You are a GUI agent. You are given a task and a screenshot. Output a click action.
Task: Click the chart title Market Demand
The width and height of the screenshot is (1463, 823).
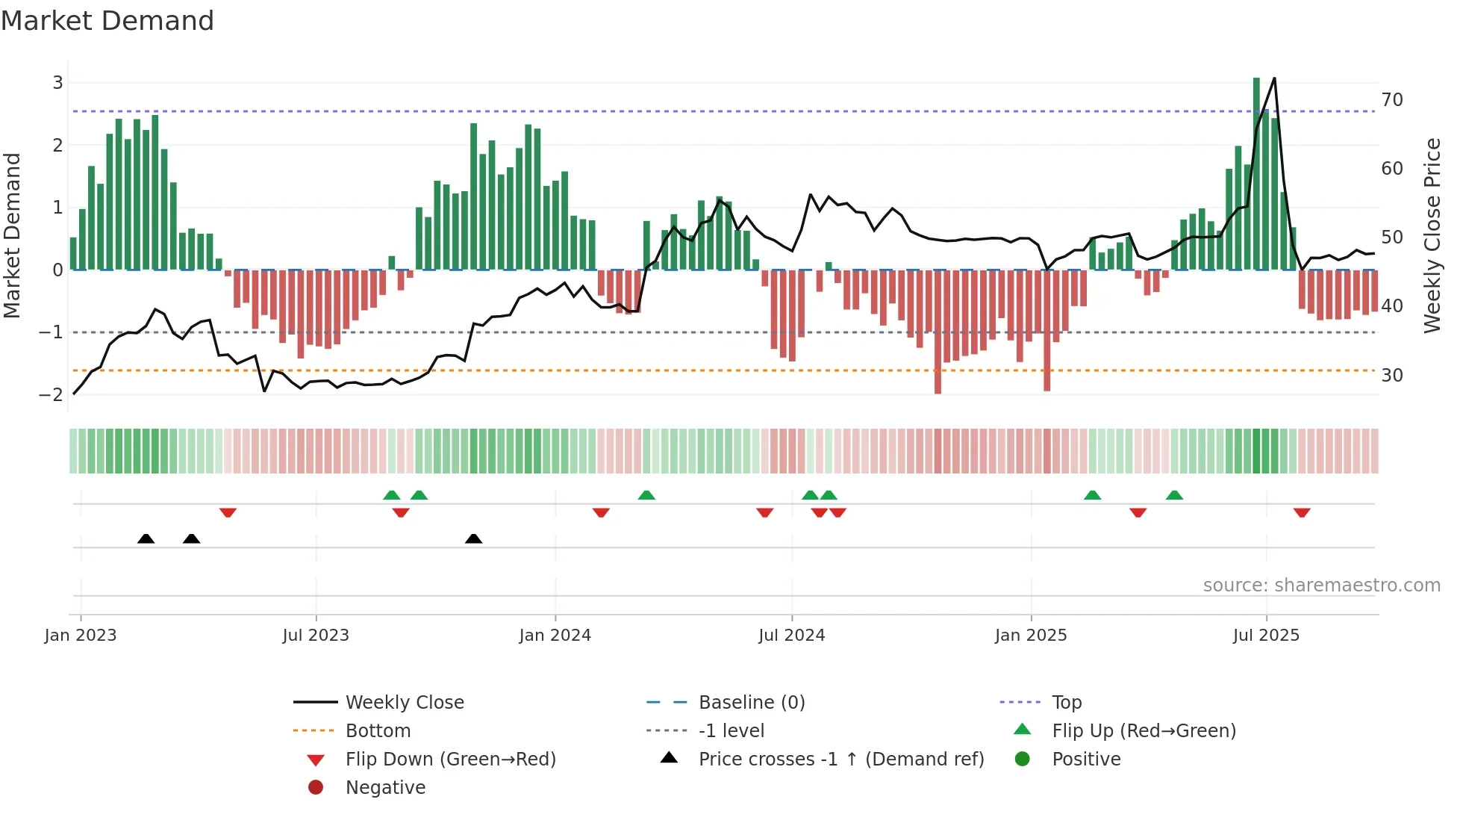tap(107, 21)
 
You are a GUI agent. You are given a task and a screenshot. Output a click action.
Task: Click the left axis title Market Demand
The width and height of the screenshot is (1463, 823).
tap(13, 236)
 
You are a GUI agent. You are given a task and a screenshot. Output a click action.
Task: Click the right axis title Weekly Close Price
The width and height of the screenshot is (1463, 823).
tap(1432, 236)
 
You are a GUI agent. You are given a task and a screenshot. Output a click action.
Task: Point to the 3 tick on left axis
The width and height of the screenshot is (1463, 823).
tap(57, 83)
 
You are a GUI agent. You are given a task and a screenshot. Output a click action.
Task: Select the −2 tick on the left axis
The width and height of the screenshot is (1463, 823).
tap(52, 394)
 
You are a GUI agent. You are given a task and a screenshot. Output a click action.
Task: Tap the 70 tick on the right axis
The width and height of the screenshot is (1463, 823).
tap(1392, 100)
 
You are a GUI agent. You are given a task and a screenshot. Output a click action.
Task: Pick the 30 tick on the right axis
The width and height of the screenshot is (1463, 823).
tap(1392, 375)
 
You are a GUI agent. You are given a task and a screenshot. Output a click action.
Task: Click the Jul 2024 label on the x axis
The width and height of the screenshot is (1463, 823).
tap(791, 636)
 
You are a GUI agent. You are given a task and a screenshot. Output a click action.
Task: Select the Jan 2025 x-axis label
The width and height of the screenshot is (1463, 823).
tap(1031, 636)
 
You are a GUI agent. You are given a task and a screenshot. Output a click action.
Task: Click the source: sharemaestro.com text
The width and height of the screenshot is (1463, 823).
tap(1321, 586)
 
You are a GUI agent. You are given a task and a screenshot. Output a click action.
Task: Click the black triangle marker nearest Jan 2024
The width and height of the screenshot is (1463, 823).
tap(473, 538)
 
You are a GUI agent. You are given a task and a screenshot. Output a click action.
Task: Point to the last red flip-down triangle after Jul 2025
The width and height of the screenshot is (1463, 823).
tap(1302, 513)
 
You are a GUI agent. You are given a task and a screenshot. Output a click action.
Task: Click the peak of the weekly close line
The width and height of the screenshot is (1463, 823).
tap(1274, 78)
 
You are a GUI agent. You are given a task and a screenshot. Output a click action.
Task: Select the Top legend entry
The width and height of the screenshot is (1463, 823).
tap(1066, 703)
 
